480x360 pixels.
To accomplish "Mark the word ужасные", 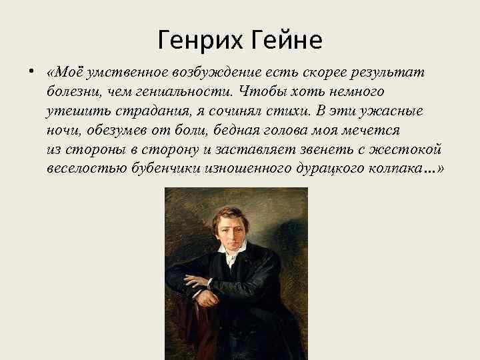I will coord(392,110).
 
